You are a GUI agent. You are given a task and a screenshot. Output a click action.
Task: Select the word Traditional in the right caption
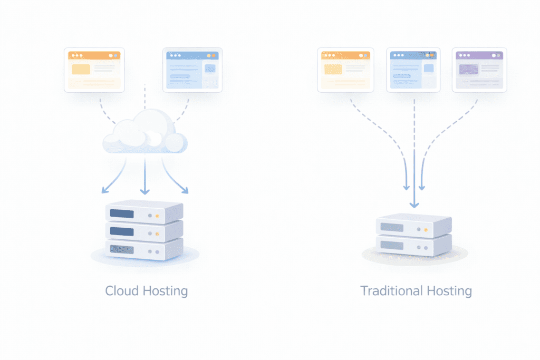(x=390, y=290)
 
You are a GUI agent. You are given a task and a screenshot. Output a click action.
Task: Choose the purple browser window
(x=479, y=70)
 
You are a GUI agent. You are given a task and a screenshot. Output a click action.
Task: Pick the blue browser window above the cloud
(x=192, y=70)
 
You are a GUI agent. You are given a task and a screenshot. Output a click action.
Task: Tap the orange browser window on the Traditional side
(x=345, y=70)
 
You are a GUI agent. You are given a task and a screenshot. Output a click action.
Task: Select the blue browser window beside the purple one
(x=414, y=70)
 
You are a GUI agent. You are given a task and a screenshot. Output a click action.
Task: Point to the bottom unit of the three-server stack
(x=143, y=248)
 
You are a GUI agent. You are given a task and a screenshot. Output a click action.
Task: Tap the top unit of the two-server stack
(x=413, y=226)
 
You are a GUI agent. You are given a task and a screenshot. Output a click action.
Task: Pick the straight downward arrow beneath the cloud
(x=144, y=177)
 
